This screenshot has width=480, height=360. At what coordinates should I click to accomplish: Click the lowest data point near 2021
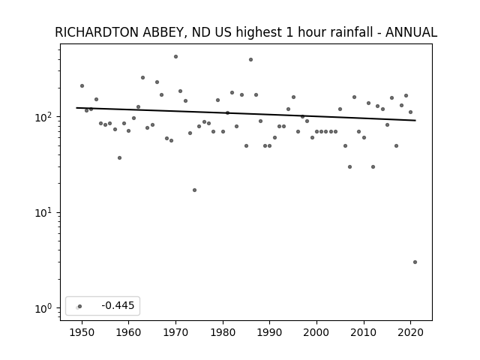pos(415,262)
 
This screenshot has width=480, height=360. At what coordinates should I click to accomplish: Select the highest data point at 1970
pos(175,57)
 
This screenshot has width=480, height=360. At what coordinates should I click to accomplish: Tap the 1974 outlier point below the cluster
pos(194,190)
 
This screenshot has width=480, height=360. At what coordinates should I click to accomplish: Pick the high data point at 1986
pos(250,60)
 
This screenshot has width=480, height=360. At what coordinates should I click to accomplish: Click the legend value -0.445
pos(118,305)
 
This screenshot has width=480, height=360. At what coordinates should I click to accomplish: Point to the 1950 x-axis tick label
pos(82,333)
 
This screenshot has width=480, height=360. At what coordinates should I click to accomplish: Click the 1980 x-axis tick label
pos(223,333)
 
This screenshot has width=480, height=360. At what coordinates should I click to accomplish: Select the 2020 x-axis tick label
pos(410,333)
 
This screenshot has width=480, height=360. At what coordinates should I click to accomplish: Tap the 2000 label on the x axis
pos(316,333)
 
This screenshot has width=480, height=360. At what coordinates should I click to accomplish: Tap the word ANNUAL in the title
pos(411,32)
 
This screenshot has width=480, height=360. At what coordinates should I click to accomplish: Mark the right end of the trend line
pos(415,120)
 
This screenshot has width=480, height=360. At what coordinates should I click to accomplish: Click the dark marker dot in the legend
pos(80,306)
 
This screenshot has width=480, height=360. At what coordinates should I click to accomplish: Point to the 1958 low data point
pos(119,158)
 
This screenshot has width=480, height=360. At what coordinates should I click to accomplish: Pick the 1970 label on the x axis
pos(175,333)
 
